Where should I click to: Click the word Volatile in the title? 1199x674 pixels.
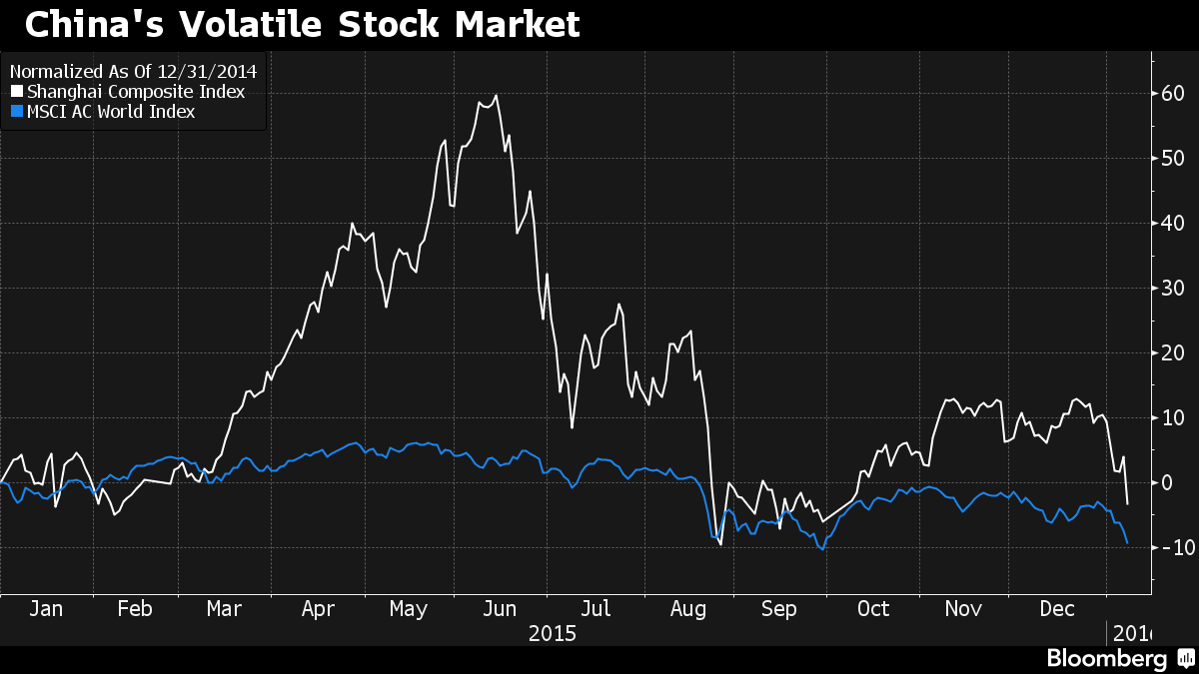280,25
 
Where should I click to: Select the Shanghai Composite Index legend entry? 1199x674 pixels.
135,92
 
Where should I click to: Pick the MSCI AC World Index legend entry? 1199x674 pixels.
111,112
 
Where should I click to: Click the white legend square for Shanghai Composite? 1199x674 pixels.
17,92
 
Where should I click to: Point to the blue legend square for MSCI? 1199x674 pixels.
17,112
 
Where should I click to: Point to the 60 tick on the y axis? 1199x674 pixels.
1172,94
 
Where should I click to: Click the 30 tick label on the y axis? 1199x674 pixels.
1172,289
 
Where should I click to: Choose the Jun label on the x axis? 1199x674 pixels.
499,609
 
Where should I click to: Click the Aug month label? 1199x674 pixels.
687,609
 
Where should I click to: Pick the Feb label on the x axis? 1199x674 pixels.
134,609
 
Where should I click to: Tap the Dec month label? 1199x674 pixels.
1058,609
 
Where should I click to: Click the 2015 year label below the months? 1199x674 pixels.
553,633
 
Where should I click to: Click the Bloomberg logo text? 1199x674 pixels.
1106,659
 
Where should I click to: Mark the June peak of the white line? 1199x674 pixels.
497,96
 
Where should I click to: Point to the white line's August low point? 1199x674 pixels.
720,544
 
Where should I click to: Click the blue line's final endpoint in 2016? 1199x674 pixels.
1128,542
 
